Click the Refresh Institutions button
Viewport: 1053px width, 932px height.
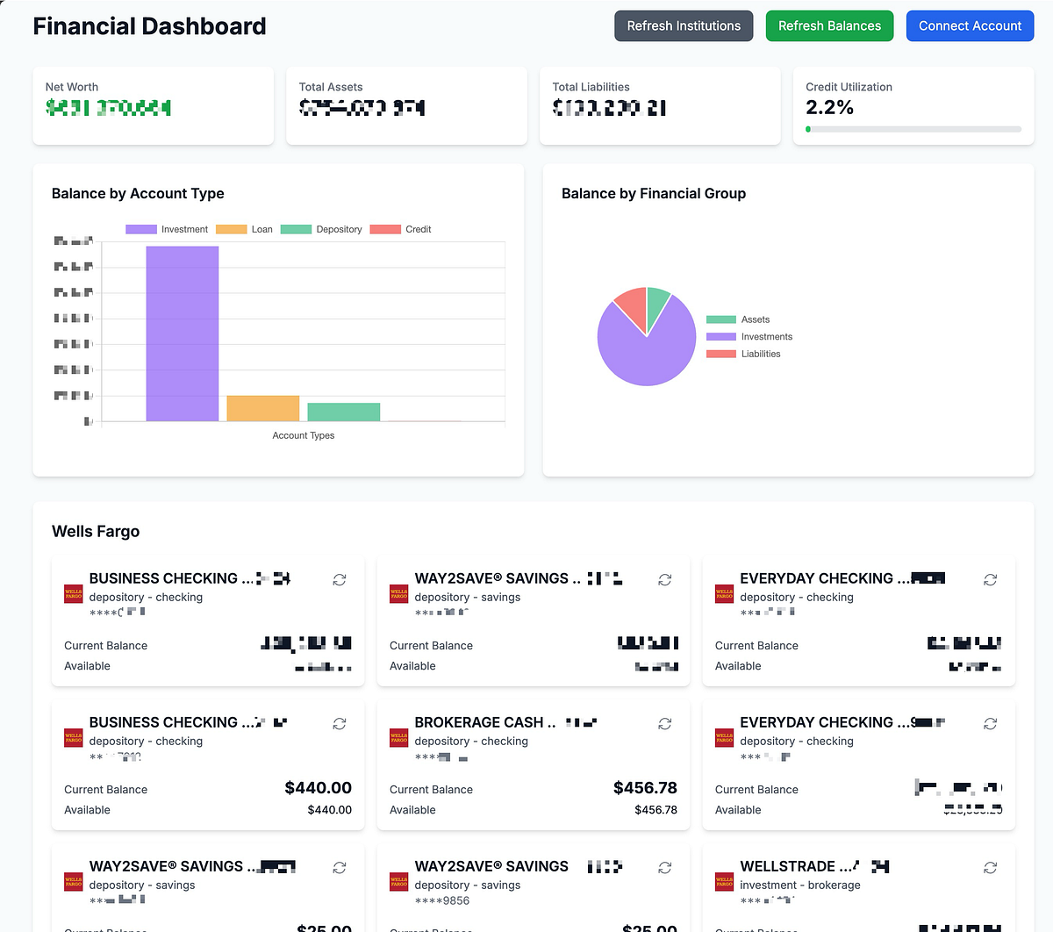(x=684, y=26)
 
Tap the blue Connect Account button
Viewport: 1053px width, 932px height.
(x=970, y=26)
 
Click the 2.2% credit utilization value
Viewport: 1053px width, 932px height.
(x=829, y=107)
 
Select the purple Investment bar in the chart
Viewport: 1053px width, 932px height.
(x=183, y=333)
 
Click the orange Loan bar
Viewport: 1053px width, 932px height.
(x=263, y=408)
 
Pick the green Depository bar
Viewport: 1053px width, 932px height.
(x=344, y=412)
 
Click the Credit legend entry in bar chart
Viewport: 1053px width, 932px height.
(x=401, y=229)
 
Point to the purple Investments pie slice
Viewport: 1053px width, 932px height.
(x=641, y=351)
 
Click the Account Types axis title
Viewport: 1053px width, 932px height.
(x=304, y=435)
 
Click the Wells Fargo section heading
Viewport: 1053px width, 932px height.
(x=96, y=531)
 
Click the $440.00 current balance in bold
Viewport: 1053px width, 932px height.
(x=318, y=788)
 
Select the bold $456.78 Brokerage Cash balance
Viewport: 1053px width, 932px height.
(x=645, y=788)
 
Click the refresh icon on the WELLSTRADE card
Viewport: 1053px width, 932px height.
(x=990, y=867)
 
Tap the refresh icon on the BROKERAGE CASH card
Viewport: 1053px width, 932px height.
(x=665, y=723)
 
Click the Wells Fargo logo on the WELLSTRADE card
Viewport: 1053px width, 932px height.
(x=724, y=881)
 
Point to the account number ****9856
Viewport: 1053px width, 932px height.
(x=442, y=900)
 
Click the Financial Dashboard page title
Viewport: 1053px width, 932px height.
(x=149, y=26)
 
